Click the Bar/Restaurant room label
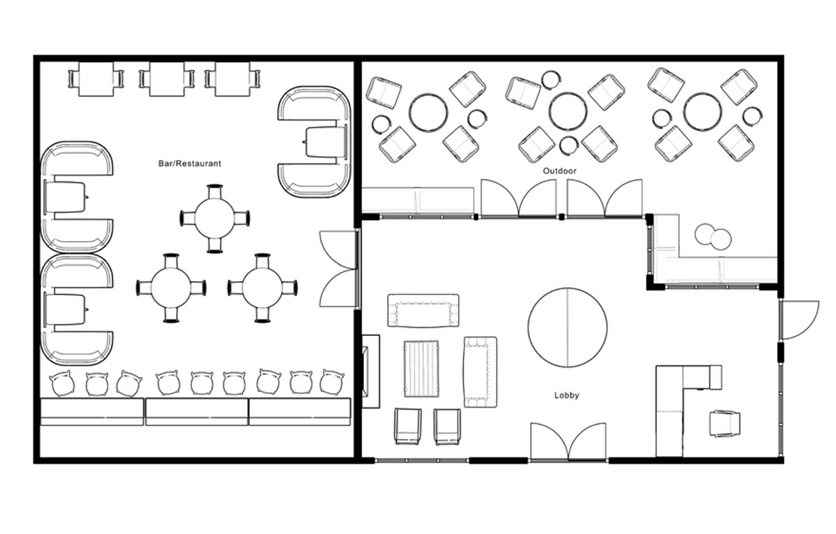click(x=190, y=163)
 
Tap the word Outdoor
click(x=560, y=171)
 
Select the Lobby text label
click(x=566, y=395)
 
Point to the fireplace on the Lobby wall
click(x=370, y=372)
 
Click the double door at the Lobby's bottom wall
click(x=568, y=442)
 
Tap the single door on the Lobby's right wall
click(x=799, y=319)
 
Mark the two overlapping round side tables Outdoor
click(x=713, y=236)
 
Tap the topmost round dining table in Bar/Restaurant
click(x=215, y=218)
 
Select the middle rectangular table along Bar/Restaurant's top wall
click(x=167, y=79)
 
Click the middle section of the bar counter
click(x=197, y=412)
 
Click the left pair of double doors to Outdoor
click(x=519, y=198)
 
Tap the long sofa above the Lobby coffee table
click(x=423, y=310)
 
